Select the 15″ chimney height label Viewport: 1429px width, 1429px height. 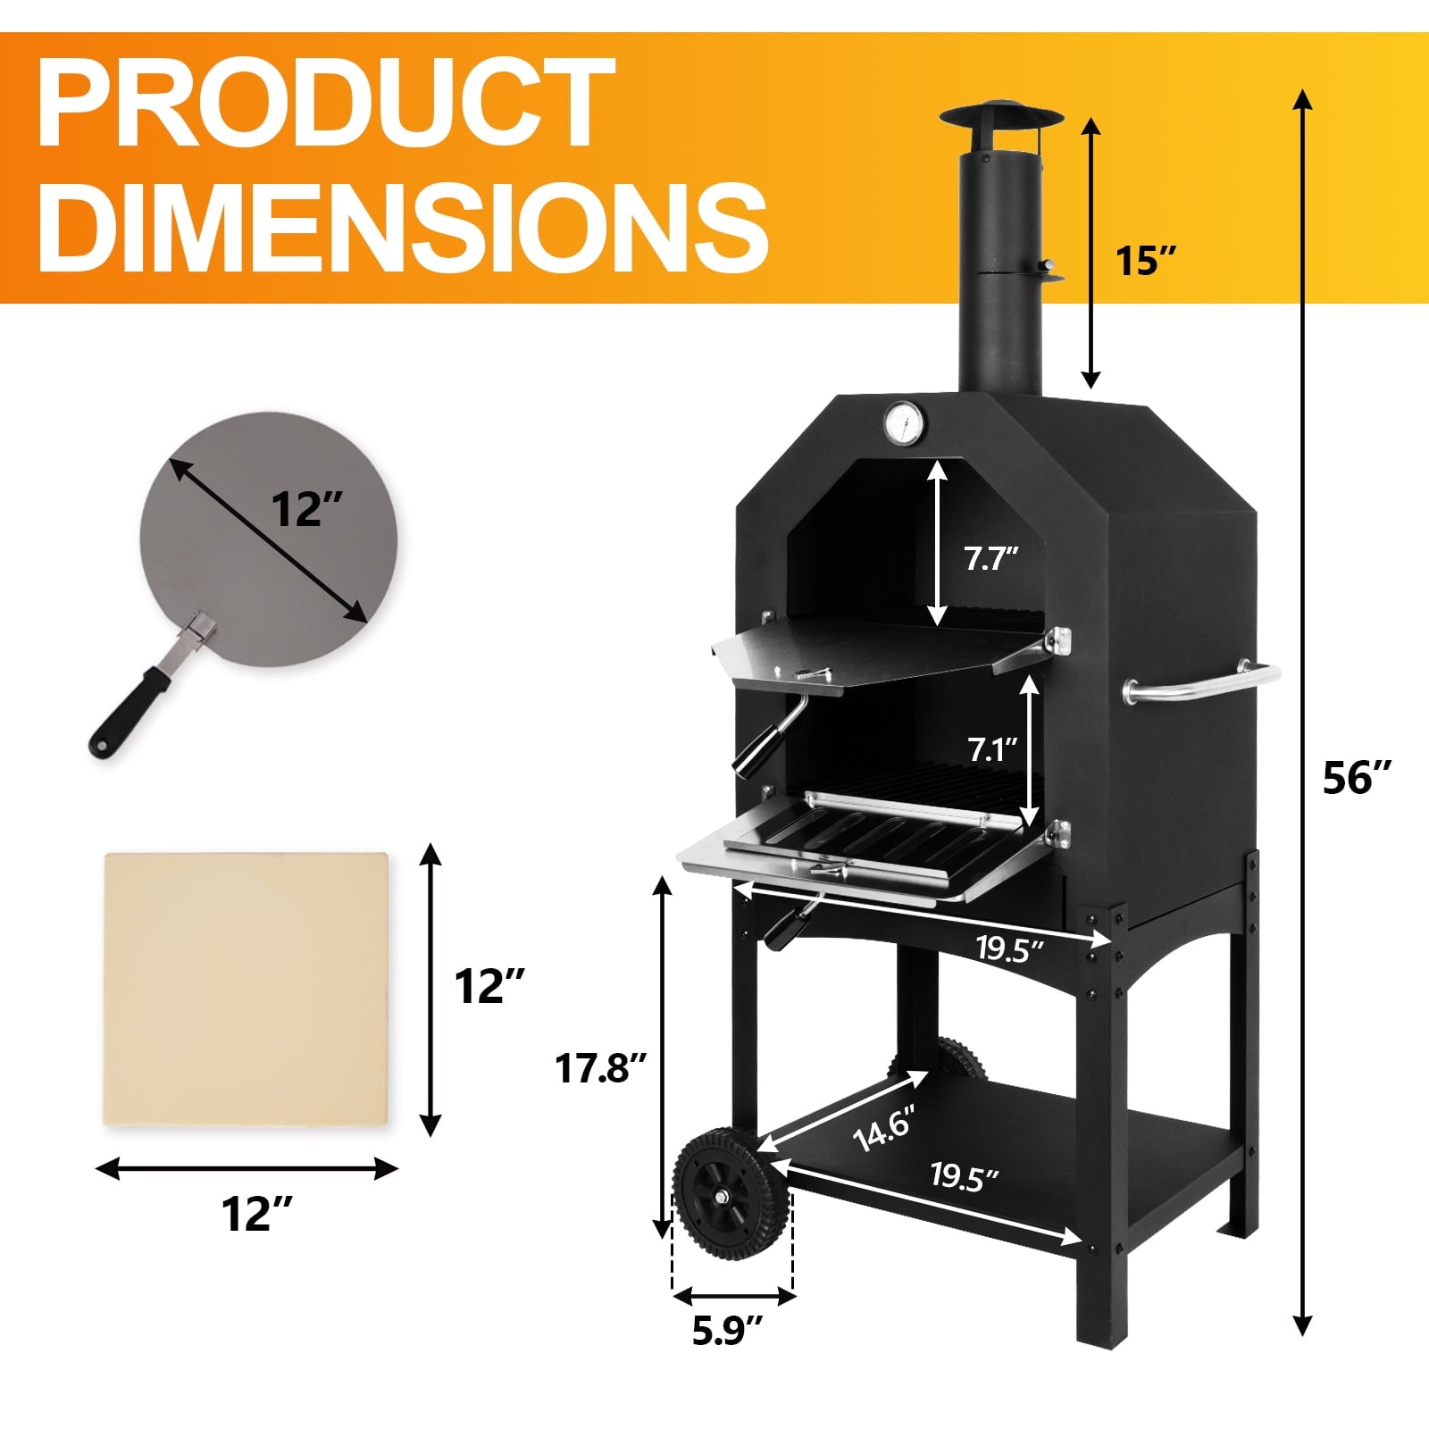point(1147,261)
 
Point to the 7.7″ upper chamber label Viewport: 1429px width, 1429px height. point(990,559)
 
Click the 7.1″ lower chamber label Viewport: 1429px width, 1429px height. point(992,748)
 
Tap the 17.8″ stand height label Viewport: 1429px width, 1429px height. point(601,1067)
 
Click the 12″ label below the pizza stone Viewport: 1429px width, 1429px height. point(256,1214)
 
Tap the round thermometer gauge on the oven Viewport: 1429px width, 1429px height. point(904,422)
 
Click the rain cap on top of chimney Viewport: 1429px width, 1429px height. point(1000,120)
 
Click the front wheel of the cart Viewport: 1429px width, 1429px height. point(731,1194)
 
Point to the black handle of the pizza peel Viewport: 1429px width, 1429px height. point(126,715)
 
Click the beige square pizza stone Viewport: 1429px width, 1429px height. point(247,990)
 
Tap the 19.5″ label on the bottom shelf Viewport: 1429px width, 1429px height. point(963,1176)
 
